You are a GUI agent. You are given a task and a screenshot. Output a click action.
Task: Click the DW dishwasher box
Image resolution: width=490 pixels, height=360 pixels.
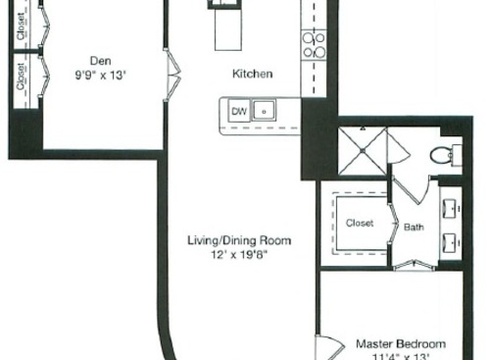pyautogui.click(x=237, y=112)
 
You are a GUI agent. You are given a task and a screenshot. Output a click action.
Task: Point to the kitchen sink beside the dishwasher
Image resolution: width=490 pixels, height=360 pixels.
pyautogui.click(x=265, y=112)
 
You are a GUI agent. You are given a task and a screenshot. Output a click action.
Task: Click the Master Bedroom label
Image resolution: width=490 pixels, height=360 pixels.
pyautogui.click(x=400, y=344)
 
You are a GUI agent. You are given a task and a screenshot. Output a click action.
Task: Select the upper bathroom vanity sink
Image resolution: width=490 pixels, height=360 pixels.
pyautogui.click(x=451, y=208)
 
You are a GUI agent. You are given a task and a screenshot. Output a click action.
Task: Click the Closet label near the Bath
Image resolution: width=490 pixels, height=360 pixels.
pyautogui.click(x=360, y=223)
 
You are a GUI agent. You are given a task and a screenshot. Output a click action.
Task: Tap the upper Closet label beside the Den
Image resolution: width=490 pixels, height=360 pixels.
pyautogui.click(x=22, y=27)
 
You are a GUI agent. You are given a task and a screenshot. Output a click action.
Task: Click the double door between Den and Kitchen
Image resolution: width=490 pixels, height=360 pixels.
pyautogui.click(x=174, y=72)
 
